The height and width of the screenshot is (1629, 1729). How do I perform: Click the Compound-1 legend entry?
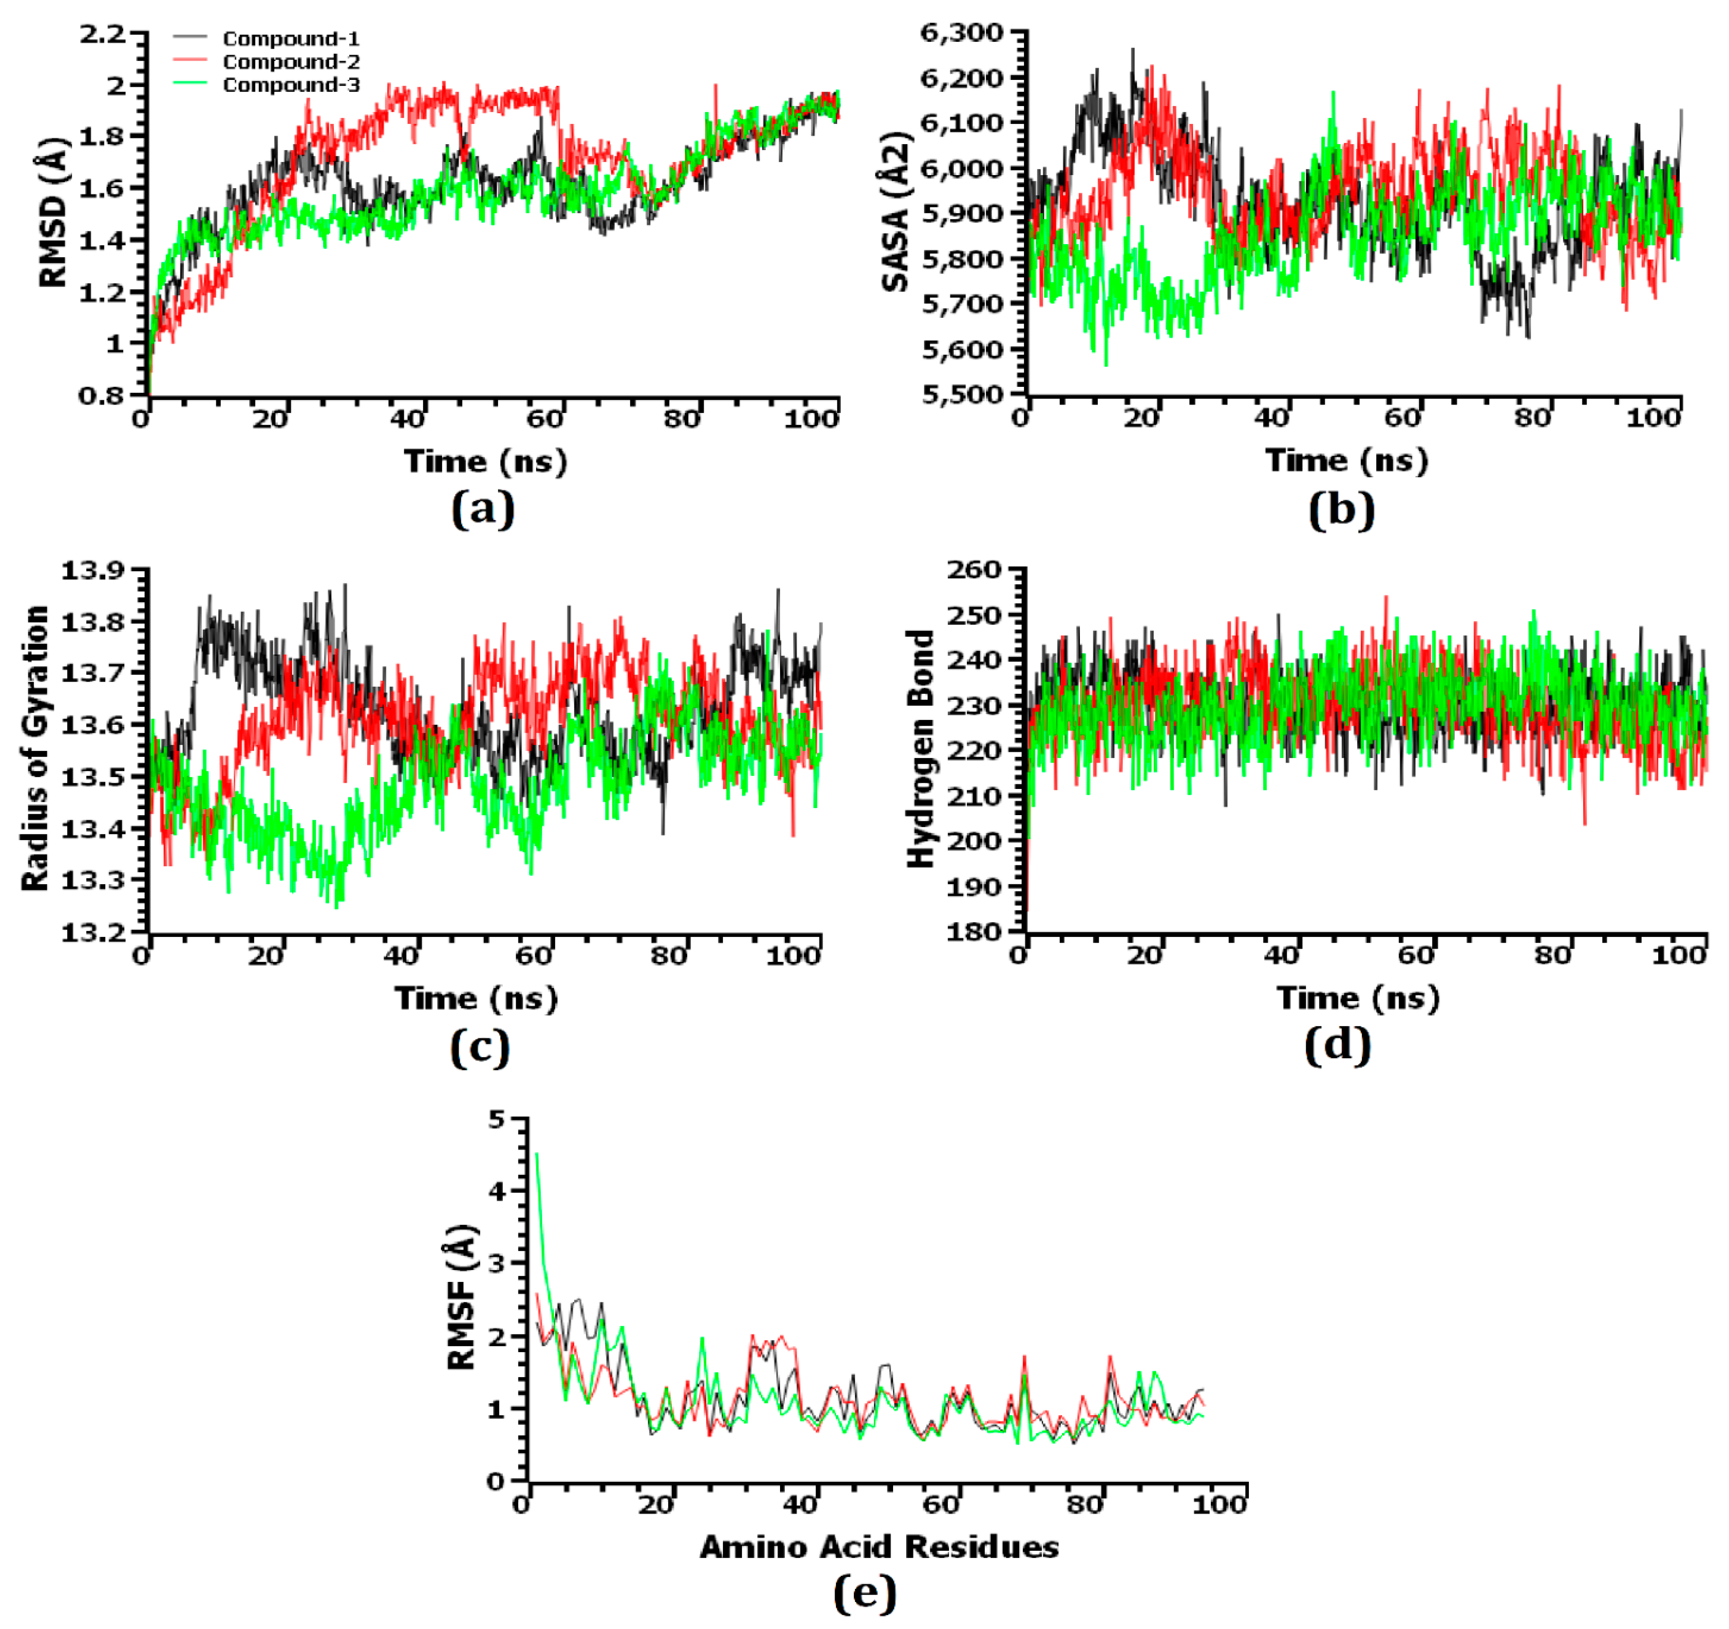(290, 38)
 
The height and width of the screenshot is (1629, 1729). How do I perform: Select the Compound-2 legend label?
(290, 62)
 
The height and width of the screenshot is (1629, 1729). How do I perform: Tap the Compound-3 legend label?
(290, 84)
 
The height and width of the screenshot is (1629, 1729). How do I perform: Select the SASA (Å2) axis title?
(896, 211)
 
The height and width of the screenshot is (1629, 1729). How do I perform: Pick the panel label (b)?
(1341, 510)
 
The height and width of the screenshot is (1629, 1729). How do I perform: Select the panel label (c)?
(479, 1047)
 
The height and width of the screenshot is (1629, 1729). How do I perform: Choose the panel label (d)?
(1337, 1045)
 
